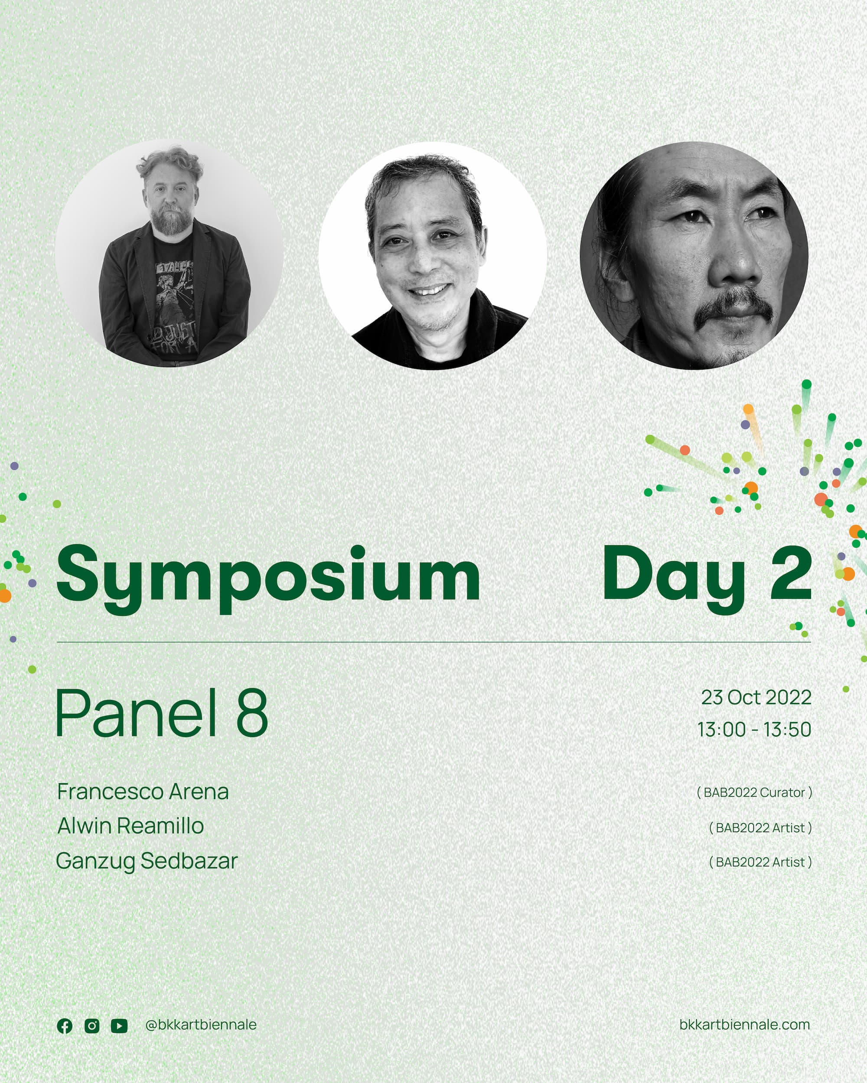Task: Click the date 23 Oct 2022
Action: [x=756, y=697]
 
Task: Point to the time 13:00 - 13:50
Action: [x=754, y=729]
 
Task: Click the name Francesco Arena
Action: [x=143, y=792]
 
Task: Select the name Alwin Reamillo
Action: [x=130, y=826]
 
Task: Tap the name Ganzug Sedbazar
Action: [x=146, y=861]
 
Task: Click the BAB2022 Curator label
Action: [x=754, y=792]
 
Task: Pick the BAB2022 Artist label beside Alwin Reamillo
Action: [x=760, y=827]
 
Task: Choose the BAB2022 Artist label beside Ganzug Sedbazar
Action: [x=760, y=862]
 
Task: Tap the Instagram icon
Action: [x=92, y=1026]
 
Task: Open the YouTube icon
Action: [x=119, y=1026]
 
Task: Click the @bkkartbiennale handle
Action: [x=201, y=1025]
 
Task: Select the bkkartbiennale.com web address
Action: [x=744, y=1025]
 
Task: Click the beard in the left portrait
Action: [x=171, y=218]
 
